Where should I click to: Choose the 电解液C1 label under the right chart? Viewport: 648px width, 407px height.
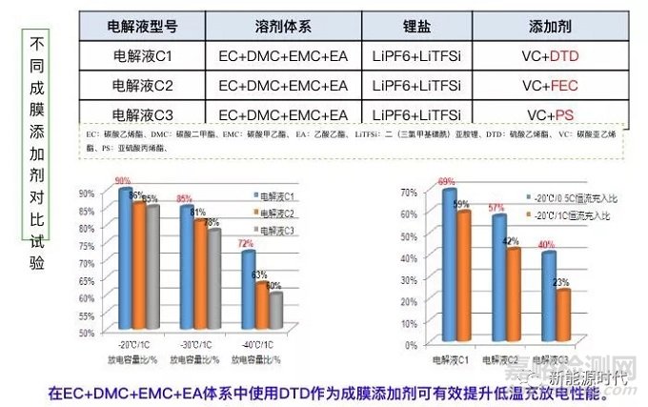pyautogui.click(x=451, y=359)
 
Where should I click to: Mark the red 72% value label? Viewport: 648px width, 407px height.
pyautogui.click(x=245, y=245)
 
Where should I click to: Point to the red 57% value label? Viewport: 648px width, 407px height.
pyautogui.click(x=496, y=208)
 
